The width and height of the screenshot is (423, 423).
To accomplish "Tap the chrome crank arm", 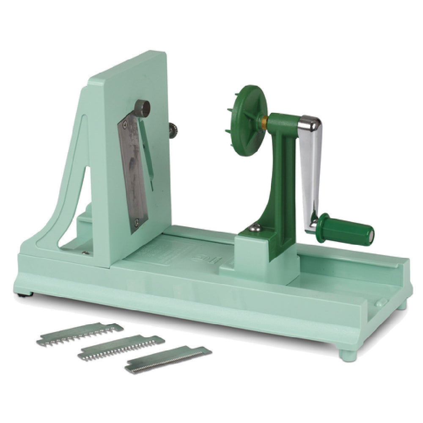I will pos(311,169).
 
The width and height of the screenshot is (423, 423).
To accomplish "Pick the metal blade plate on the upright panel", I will pos(135,173).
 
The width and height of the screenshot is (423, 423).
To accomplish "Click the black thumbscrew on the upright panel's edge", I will pos(172,130).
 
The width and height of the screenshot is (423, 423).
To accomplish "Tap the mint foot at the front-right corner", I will pos(349,354).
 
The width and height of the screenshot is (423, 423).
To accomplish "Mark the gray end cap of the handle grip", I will pos(371,233).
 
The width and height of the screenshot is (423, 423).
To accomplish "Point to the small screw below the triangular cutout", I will pos(85,253).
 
